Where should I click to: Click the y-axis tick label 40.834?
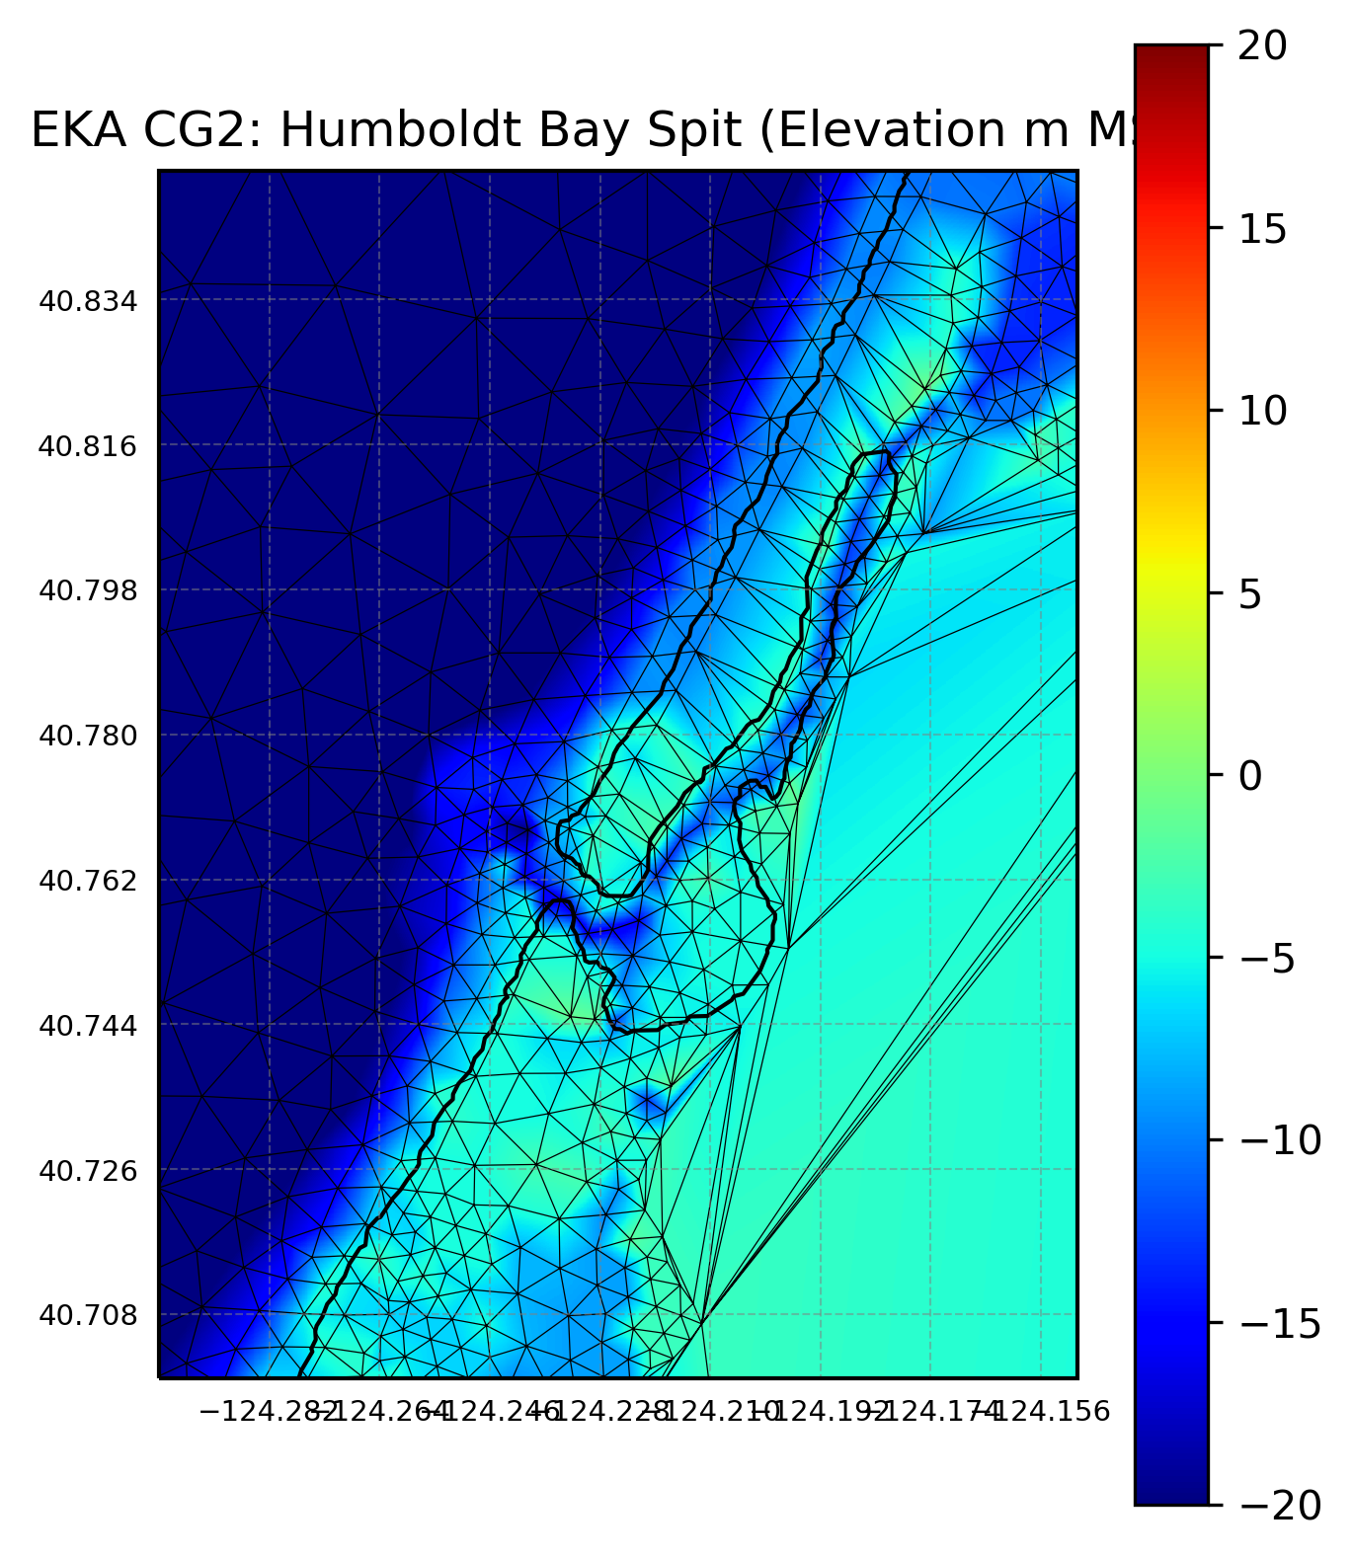[x=88, y=301]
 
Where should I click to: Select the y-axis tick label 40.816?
[x=88, y=446]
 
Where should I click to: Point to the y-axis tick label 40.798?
[x=88, y=591]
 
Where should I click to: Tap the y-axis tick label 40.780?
[x=88, y=737]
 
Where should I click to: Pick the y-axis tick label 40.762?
[x=88, y=881]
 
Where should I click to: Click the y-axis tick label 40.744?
[x=88, y=1026]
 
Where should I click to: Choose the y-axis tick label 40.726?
[x=88, y=1171]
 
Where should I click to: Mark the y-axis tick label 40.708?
[x=88, y=1316]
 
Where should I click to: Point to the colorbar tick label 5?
[x=1250, y=594]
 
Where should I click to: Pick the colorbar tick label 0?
[x=1250, y=776]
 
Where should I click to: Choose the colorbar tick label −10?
[x=1279, y=1141]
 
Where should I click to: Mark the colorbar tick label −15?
[x=1279, y=1324]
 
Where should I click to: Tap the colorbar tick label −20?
[x=1279, y=1506]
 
